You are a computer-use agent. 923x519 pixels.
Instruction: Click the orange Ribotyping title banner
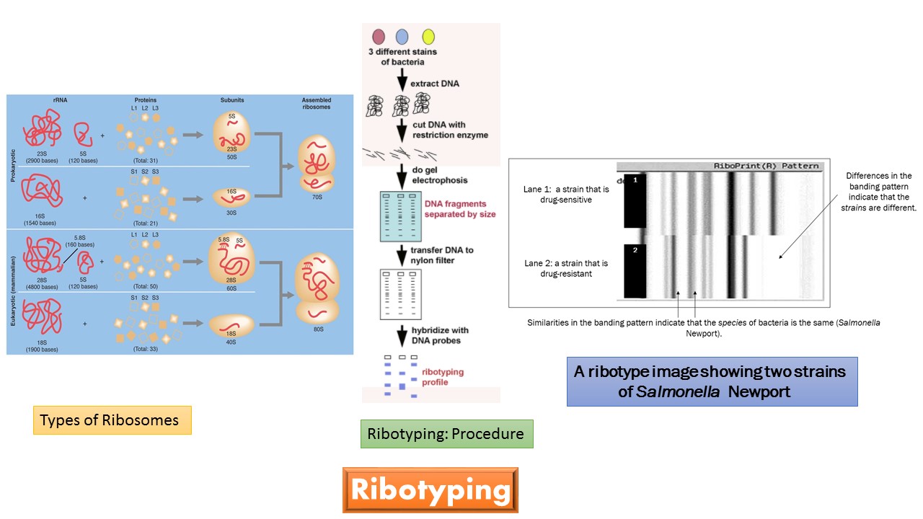[x=430, y=490]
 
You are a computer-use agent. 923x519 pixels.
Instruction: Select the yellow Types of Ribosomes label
[x=112, y=420]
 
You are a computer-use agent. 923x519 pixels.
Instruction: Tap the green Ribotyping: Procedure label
[x=446, y=434]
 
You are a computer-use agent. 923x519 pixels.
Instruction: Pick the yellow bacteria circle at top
[x=428, y=37]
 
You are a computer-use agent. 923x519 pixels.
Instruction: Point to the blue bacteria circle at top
[x=402, y=37]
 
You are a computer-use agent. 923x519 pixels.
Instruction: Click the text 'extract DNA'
[x=434, y=84]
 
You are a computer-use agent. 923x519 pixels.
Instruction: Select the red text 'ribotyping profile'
[x=443, y=377]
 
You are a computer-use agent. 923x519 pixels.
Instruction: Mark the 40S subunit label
[x=230, y=342]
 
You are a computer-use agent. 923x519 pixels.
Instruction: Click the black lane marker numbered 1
[x=635, y=203]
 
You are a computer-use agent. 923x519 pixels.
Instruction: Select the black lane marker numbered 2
[x=635, y=271]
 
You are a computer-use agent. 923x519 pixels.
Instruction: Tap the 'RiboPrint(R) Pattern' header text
[x=766, y=166]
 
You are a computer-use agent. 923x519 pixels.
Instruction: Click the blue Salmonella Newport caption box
[x=712, y=382]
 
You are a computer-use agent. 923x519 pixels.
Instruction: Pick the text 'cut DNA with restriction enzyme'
[x=450, y=129]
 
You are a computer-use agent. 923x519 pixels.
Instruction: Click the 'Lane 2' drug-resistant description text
[x=565, y=268]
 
